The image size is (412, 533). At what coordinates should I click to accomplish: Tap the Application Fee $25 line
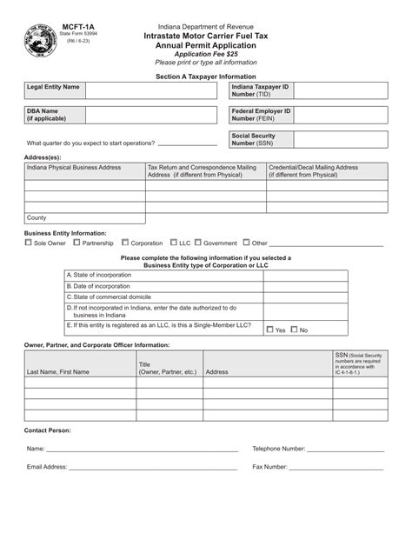click(x=206, y=54)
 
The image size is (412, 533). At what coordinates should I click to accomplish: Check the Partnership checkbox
click(x=76, y=243)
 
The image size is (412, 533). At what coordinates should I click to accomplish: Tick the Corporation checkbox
click(x=125, y=243)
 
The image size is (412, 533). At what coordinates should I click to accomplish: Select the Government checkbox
click(x=198, y=243)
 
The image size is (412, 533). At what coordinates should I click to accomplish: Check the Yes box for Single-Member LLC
click(x=269, y=330)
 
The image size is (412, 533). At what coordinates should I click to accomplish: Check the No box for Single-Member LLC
click(x=294, y=330)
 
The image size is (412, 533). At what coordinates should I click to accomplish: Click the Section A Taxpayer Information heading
click(x=206, y=76)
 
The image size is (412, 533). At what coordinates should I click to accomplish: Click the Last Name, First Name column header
click(x=59, y=371)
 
